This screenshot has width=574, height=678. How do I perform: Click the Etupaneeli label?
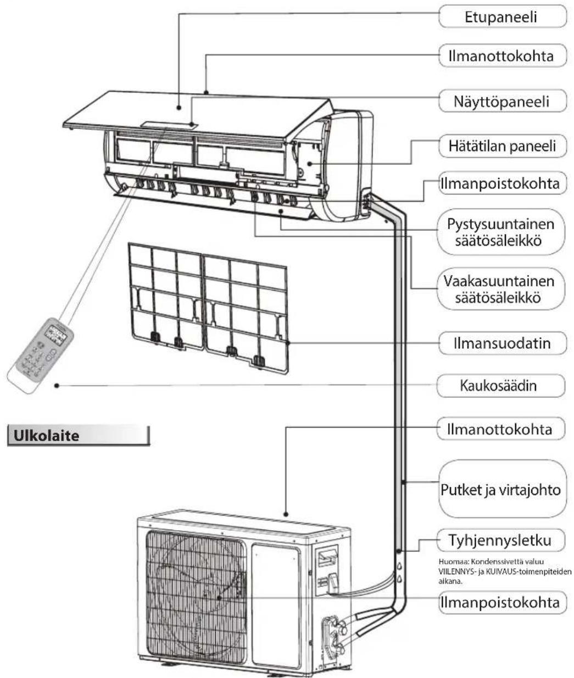click(502, 17)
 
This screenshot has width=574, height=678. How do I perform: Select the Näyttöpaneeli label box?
click(502, 101)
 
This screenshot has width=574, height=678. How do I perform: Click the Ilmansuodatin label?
click(502, 344)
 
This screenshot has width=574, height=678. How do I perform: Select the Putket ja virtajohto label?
click(501, 489)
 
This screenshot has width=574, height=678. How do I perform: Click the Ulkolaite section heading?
click(47, 436)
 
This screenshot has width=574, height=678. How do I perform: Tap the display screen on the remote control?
click(55, 333)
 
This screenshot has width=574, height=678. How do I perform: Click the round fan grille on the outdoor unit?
click(196, 582)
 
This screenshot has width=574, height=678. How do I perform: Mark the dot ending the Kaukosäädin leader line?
click(57, 386)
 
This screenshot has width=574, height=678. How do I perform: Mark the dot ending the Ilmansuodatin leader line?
click(287, 344)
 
